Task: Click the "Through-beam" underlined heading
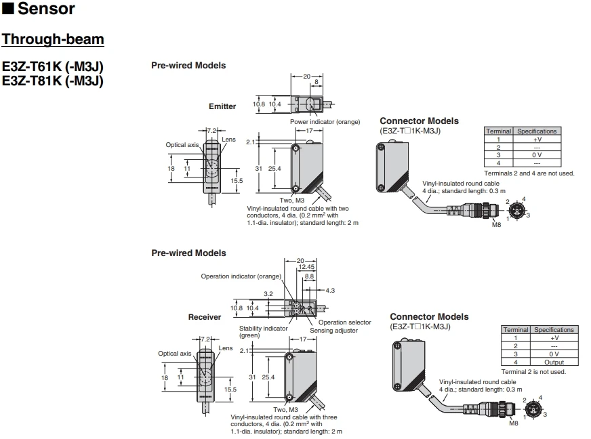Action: coord(53,39)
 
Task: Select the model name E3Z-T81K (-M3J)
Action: coord(53,81)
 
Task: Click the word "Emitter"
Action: coord(222,106)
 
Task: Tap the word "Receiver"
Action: coord(205,317)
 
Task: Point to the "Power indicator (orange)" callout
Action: coord(325,122)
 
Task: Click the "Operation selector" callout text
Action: coord(344,322)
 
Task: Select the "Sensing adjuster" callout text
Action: coord(333,331)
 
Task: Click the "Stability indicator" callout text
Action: coord(263,328)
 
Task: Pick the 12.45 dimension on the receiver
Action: coord(306,267)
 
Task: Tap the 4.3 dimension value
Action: coord(330,291)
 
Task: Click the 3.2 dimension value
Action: coord(268,293)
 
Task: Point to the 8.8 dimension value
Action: coord(310,276)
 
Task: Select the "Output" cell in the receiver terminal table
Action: coord(554,362)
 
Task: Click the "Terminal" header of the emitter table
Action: coord(498,131)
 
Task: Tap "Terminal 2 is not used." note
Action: coord(533,371)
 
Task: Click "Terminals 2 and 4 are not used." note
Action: coord(529,173)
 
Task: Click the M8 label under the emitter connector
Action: coord(496,225)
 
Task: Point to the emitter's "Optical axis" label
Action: coord(182,145)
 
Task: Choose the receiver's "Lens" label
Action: coord(226,348)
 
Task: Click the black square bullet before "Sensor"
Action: coord(8,8)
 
